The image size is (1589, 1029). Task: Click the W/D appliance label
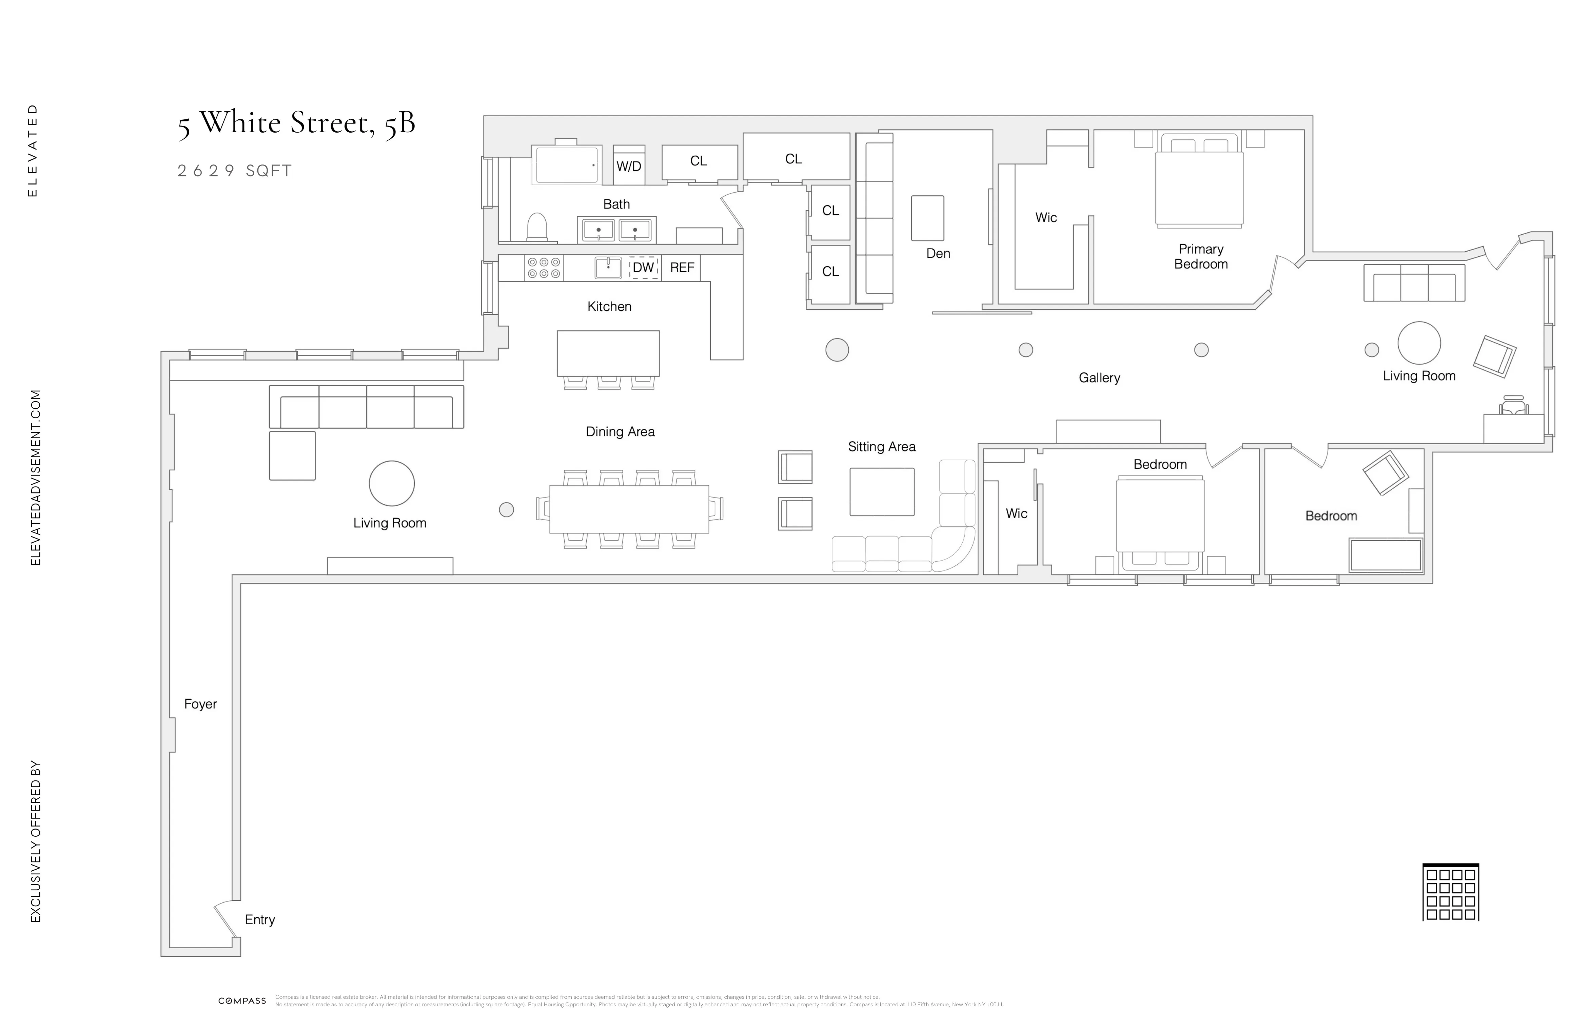pos(628,166)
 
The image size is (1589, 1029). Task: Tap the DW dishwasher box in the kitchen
pos(643,268)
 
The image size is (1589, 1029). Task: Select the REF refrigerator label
pos(682,268)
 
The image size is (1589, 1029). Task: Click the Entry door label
pos(260,919)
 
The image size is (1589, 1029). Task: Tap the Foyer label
pos(200,704)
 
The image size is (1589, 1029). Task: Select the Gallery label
pos(1099,378)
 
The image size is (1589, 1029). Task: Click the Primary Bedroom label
pos(1200,256)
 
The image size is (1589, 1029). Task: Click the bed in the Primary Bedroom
pos(1199,187)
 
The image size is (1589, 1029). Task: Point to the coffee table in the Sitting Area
pos(881,491)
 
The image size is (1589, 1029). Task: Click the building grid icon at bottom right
pos(1450,893)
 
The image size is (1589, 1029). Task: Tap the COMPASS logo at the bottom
pos(242,1001)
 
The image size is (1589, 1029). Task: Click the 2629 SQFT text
pos(234,171)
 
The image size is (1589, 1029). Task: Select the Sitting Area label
pos(881,447)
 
